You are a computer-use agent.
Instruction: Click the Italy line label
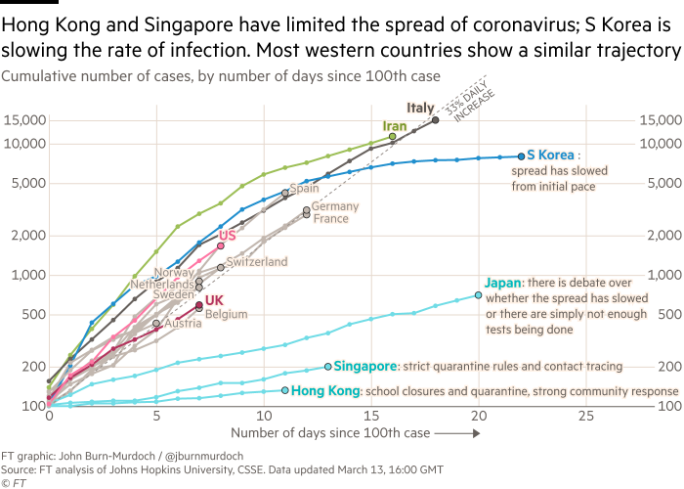[419, 108]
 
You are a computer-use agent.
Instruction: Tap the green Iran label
[394, 126]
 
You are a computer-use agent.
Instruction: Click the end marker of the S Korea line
[521, 156]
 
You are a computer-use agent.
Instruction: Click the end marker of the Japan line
[478, 294]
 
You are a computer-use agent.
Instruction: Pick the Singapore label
[364, 366]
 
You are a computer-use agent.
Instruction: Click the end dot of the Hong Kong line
[285, 390]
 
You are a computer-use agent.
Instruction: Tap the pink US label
[228, 236]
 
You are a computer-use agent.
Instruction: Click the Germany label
[335, 206]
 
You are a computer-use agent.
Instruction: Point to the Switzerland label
[257, 262]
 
